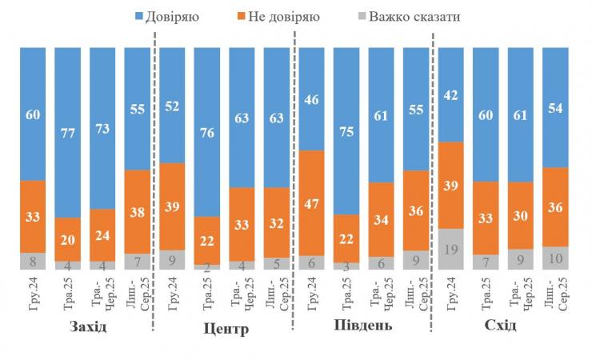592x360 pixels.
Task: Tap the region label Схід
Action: click(x=500, y=326)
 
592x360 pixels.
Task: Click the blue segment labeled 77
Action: click(x=68, y=132)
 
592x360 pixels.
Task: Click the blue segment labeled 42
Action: click(x=451, y=94)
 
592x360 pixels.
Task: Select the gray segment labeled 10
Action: click(x=556, y=258)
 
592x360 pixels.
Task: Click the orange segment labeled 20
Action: click(x=68, y=238)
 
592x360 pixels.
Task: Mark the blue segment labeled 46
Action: click(x=312, y=98)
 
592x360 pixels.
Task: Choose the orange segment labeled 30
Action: click(x=521, y=215)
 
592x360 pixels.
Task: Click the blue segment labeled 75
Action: click(x=346, y=130)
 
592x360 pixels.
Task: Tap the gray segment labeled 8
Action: click(x=33, y=261)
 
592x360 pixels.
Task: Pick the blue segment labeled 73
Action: click(x=102, y=128)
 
